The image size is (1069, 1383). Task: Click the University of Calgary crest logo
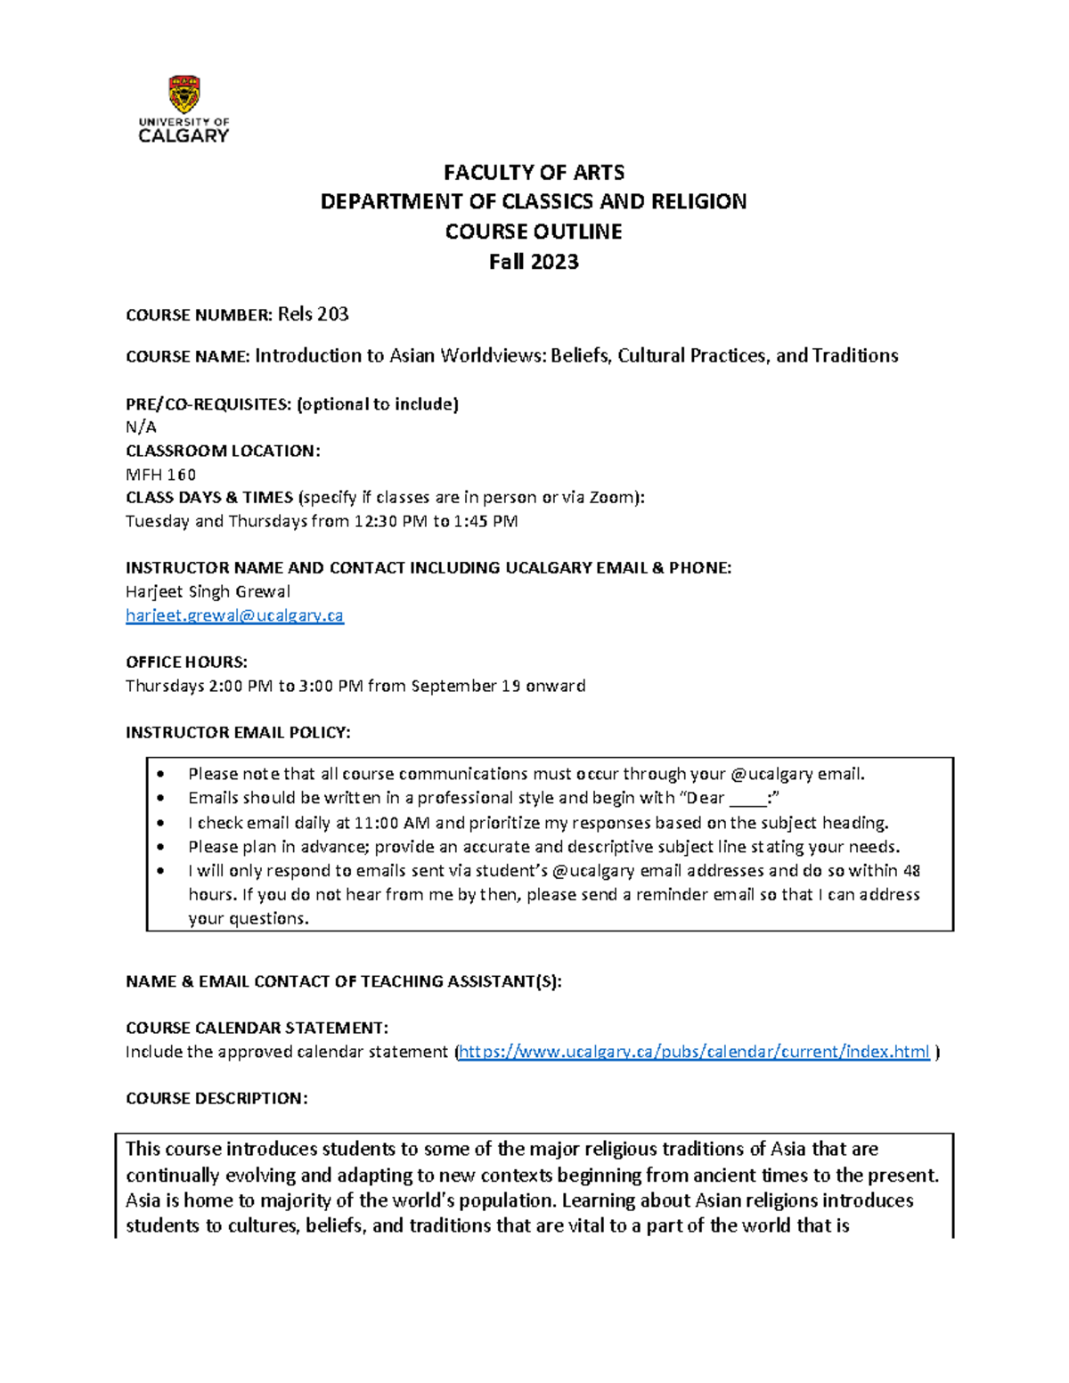pos(184,94)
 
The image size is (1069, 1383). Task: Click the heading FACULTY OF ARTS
pos(534,172)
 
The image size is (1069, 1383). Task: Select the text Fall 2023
pos(534,262)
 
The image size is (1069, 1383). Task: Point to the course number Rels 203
pos(313,314)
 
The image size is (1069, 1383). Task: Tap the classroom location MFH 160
pos(160,475)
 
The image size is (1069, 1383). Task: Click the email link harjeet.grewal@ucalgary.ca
pos(234,615)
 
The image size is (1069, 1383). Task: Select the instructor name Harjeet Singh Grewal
pos(208,591)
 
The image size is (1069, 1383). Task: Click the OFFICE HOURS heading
pos(186,662)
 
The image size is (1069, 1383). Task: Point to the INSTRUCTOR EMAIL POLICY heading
pos(238,732)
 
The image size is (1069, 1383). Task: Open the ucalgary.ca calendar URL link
pos(694,1052)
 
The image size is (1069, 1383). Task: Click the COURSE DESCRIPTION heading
pos(216,1098)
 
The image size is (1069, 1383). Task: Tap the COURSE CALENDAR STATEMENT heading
pos(257,1028)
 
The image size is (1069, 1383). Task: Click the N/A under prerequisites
pos(141,427)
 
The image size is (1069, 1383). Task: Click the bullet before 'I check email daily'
pos(160,824)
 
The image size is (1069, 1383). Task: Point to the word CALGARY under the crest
pos(184,136)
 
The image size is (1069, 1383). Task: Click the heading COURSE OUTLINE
pos(534,232)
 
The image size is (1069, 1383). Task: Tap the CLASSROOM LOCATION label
pos(223,451)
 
